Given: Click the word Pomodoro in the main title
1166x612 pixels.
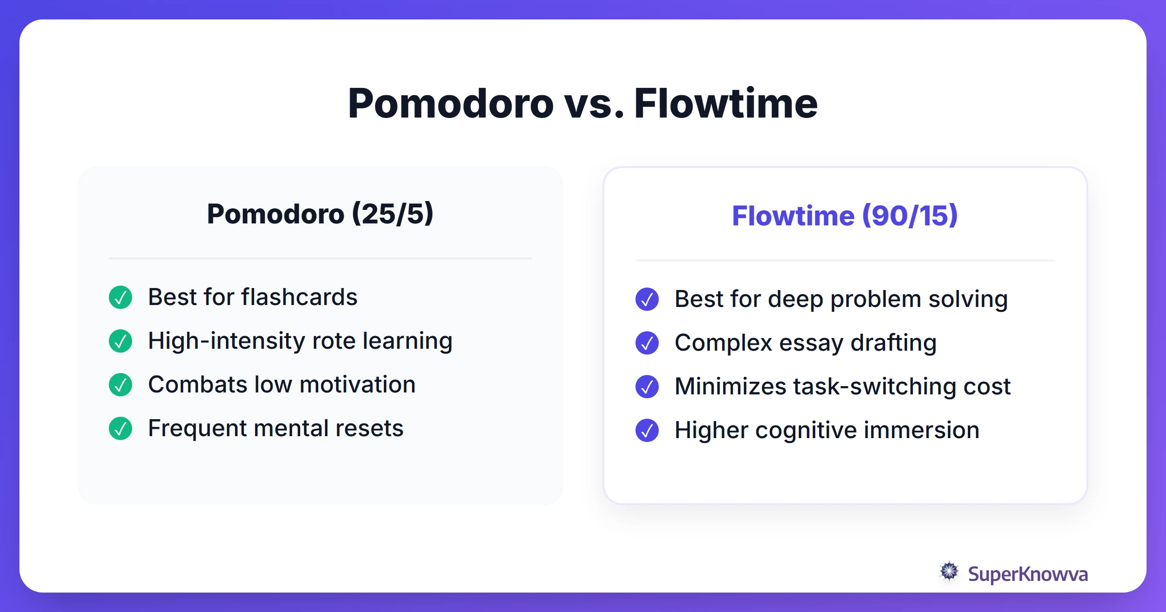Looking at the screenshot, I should pyautogui.click(x=451, y=104).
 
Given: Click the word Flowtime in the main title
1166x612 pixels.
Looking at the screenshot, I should pyautogui.click(x=726, y=104).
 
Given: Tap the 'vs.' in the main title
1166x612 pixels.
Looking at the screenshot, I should pyautogui.click(x=594, y=104).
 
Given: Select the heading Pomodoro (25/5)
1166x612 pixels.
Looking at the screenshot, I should pyautogui.click(x=320, y=214).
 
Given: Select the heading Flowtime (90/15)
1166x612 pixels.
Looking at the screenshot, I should pyautogui.click(x=845, y=216).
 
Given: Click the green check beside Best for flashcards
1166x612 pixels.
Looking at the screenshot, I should pyautogui.click(x=120, y=297).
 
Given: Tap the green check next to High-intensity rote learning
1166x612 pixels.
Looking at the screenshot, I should pyautogui.click(x=120, y=341).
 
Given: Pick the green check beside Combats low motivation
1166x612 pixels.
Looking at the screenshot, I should pyautogui.click(x=120, y=385).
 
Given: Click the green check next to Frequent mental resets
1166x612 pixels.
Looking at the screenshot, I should pyautogui.click(x=120, y=428).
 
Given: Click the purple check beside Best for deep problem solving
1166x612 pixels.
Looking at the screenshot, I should pyautogui.click(x=647, y=299).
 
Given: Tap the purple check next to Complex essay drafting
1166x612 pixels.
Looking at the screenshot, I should pyautogui.click(x=647, y=343).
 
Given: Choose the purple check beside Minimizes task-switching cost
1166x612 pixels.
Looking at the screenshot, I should pyautogui.click(x=647, y=387).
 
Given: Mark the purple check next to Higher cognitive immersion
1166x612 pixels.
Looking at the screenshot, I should pyautogui.click(x=647, y=430).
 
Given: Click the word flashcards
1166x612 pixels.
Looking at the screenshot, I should pyautogui.click(x=299, y=297).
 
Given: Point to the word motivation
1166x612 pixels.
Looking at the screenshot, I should pyautogui.click(x=358, y=385).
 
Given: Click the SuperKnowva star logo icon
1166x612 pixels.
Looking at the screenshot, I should pyautogui.click(x=949, y=571).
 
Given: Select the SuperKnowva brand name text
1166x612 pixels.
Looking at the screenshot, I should pyautogui.click(x=1028, y=574).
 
